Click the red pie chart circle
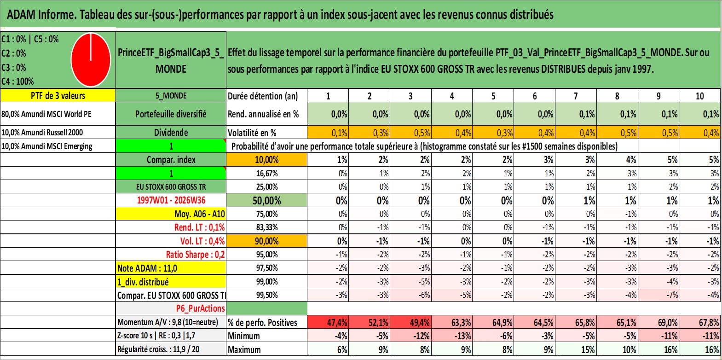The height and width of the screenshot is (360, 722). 91,60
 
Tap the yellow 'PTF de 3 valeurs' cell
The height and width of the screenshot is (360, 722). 58,95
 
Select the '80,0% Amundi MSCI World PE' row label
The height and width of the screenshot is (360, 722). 46,114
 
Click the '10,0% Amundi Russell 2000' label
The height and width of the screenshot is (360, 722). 42,132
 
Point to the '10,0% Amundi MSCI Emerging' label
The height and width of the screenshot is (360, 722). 47,146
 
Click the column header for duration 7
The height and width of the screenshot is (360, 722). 576,96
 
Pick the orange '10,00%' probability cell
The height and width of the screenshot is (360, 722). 266,160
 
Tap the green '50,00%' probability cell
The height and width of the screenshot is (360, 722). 266,200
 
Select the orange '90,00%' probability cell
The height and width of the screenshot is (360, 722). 266,241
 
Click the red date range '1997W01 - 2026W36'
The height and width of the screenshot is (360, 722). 171,200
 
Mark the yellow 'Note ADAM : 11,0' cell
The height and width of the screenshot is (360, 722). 171,268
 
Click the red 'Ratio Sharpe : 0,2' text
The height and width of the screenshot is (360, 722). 195,255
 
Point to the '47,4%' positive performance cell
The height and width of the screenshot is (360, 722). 328,322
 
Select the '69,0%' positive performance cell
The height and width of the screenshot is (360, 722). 658,322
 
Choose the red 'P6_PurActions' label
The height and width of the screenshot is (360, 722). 200,308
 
